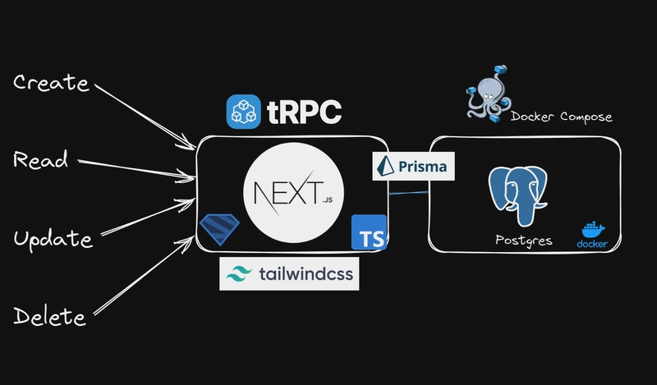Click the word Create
coord(51,84)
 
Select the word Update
coord(53,240)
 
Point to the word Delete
coord(49,315)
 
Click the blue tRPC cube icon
coord(244,112)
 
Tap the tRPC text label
coord(304,113)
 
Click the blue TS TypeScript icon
coord(368,232)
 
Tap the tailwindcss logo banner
coord(288,274)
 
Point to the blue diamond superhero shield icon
coord(219,227)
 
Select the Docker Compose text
coord(561,117)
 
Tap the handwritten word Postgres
coord(523,241)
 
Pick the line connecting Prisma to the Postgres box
coord(408,194)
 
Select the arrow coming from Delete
coord(140,279)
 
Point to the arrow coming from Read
coord(136,167)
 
